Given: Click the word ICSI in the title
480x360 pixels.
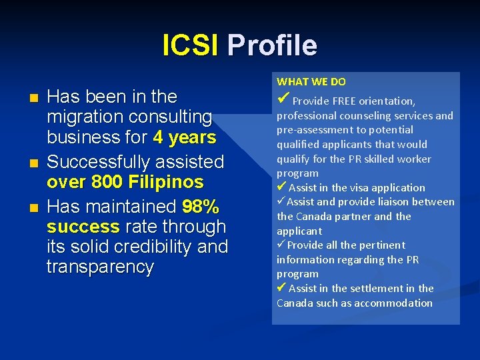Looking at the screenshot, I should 190,45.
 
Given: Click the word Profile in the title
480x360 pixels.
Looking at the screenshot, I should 272,45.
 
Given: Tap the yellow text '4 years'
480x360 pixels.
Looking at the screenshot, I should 185,138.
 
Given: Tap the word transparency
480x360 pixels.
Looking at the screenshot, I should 100,267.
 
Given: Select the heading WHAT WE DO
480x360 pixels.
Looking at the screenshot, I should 311,81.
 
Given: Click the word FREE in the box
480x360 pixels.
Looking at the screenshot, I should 341,101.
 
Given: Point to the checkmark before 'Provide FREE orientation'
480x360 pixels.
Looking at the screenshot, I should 283,100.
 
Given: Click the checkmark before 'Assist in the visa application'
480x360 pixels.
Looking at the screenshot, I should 282,187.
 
